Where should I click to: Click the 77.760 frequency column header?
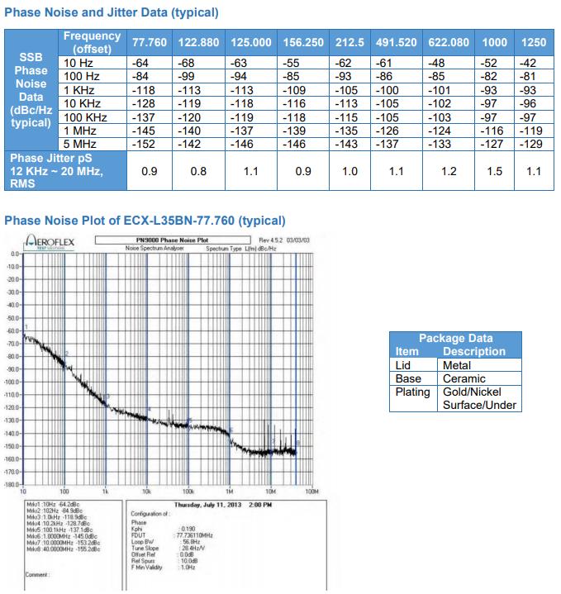click(x=149, y=43)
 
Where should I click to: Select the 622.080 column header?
click(x=449, y=43)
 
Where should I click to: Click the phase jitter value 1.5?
click(x=495, y=172)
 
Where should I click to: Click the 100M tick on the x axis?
click(x=311, y=491)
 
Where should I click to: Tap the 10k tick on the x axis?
click(x=146, y=491)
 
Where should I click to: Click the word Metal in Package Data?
click(x=457, y=365)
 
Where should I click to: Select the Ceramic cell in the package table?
click(x=464, y=378)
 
